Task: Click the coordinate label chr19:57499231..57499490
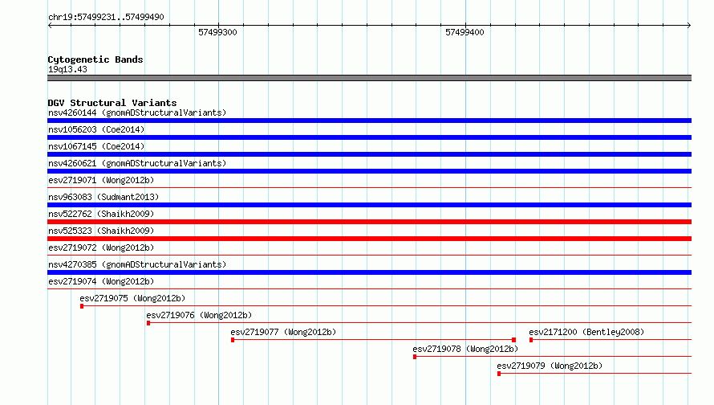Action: (106, 18)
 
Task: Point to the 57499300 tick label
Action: (217, 32)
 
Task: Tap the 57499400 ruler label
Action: (465, 32)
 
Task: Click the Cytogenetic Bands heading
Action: (95, 59)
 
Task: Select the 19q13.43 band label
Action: (67, 69)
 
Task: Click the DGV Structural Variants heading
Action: (112, 103)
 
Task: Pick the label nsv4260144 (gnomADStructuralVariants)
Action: (137, 112)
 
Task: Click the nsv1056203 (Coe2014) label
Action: (96, 129)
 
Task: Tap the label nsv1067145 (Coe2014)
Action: (96, 146)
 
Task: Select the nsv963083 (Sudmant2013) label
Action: (103, 197)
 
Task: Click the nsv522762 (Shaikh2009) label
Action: (101, 214)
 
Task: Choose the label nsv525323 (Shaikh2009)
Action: (101, 231)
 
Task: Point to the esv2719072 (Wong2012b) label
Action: (101, 247)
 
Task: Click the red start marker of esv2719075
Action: (82, 306)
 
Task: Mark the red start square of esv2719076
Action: (148, 323)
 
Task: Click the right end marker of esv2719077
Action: (513, 340)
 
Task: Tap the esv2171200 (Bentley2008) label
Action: (586, 332)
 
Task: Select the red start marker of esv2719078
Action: (415, 357)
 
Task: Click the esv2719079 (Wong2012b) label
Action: (550, 366)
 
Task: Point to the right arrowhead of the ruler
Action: (690, 26)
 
